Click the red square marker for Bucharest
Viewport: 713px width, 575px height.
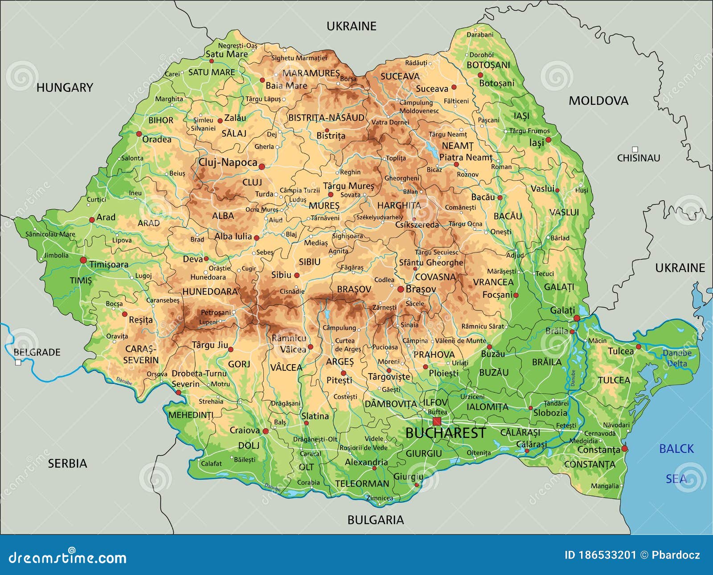(x=437, y=421)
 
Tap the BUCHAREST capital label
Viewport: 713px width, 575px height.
(x=446, y=433)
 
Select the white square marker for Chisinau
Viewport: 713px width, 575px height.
(x=635, y=149)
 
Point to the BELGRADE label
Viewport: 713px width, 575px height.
(x=37, y=352)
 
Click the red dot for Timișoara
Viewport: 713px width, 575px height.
(x=83, y=260)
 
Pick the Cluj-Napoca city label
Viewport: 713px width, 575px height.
(x=228, y=162)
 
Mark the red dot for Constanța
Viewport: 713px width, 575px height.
(x=624, y=448)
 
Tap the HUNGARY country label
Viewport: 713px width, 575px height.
(x=65, y=87)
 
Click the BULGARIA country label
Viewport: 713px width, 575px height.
(x=375, y=520)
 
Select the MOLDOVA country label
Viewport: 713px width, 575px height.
(x=598, y=101)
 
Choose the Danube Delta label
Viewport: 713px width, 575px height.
(x=677, y=358)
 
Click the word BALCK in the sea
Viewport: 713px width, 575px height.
(x=676, y=449)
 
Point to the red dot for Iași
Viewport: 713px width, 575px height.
(x=549, y=140)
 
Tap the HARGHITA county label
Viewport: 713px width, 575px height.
(x=399, y=205)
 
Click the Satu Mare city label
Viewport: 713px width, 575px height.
(x=226, y=54)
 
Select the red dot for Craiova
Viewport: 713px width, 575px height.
(x=266, y=431)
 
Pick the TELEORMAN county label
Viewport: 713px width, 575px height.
(x=362, y=484)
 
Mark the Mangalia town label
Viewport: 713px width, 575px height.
(x=605, y=486)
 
